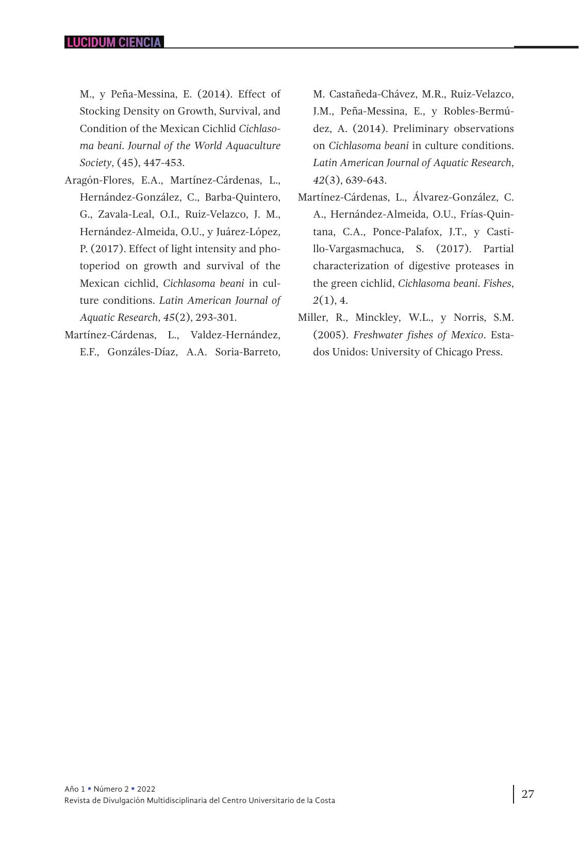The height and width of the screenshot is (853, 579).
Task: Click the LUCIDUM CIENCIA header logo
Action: click(114, 42)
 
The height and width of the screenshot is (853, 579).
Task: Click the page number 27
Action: click(527, 794)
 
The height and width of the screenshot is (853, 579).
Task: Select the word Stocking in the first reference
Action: click(99, 111)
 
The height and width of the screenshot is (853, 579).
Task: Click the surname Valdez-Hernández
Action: click(235, 335)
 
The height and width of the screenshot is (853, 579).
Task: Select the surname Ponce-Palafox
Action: click(406, 232)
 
